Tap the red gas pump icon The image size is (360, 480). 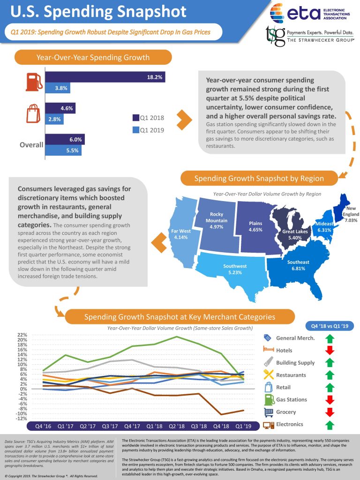[32, 82]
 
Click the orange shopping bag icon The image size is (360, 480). [32, 113]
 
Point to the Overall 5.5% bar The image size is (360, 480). [63, 150]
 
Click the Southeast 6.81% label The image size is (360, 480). [298, 265]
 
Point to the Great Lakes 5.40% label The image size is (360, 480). [294, 235]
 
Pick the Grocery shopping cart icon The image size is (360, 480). [269, 412]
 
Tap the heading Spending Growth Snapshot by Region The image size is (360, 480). [259, 179]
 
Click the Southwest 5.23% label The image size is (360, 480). [234, 269]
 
